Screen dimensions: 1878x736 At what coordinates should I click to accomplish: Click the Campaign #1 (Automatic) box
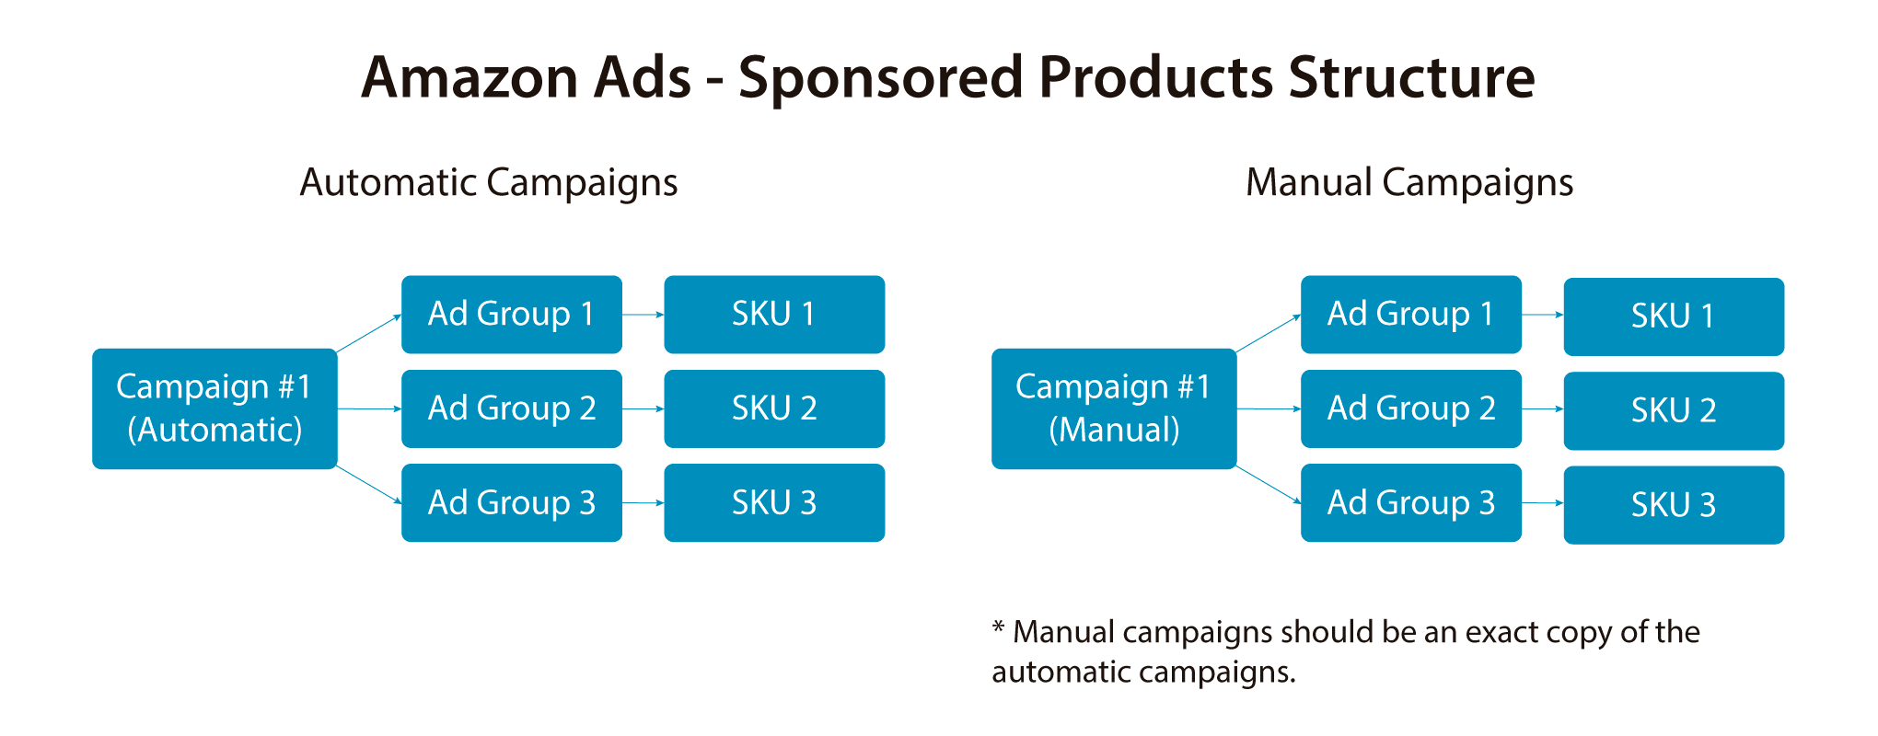(214, 408)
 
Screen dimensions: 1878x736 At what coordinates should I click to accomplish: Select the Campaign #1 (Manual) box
(1114, 408)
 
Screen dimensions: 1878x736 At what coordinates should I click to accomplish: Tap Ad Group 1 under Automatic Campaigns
(512, 315)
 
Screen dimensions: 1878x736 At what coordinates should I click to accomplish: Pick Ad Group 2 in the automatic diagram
(512, 408)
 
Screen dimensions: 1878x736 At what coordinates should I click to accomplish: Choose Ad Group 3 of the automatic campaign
(512, 502)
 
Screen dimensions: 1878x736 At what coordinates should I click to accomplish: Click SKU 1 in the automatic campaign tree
(774, 315)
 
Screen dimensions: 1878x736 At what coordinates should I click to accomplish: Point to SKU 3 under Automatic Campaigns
(774, 502)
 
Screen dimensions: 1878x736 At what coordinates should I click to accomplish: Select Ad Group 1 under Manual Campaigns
(1411, 315)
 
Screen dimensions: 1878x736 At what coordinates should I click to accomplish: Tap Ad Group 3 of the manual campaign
(1411, 502)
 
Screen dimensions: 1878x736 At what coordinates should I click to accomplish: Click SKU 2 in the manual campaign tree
(1674, 411)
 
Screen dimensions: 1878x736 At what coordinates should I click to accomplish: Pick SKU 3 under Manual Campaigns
(1674, 505)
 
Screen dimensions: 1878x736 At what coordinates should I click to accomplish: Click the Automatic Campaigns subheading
(489, 183)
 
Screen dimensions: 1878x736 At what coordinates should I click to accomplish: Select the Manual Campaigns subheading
(1409, 183)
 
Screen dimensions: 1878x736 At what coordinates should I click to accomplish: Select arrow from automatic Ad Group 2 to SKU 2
(643, 408)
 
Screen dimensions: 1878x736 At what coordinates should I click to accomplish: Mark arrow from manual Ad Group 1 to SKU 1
(1543, 315)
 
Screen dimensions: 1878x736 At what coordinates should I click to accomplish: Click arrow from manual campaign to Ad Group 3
(1269, 484)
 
